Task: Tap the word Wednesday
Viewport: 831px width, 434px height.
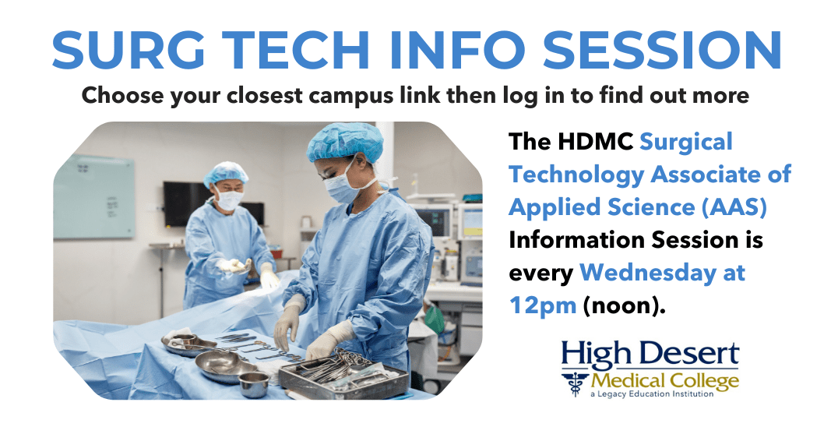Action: click(662, 273)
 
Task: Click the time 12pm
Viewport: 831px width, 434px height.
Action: click(543, 305)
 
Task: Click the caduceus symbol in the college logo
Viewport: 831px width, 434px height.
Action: click(577, 383)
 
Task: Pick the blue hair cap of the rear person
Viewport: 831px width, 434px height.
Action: click(225, 173)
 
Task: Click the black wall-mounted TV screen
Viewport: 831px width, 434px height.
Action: click(187, 204)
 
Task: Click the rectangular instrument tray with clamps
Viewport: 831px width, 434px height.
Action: click(343, 374)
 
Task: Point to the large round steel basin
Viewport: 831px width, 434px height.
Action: click(219, 364)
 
